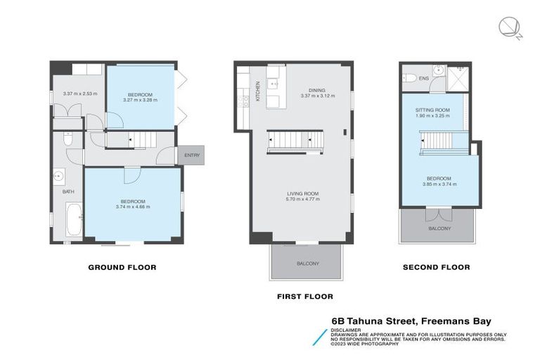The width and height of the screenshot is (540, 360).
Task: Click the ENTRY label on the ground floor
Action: pyautogui.click(x=191, y=155)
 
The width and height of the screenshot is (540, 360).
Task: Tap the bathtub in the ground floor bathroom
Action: pyautogui.click(x=72, y=219)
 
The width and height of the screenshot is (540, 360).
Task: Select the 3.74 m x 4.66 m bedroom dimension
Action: pyautogui.click(x=133, y=207)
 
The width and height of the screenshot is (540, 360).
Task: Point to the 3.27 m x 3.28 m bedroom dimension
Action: pyautogui.click(x=140, y=100)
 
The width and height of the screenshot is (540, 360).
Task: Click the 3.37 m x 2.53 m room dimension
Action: pyautogui.click(x=79, y=94)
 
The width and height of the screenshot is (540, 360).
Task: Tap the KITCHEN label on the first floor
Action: pyautogui.click(x=258, y=91)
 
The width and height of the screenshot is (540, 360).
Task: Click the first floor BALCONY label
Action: pyautogui.click(x=307, y=264)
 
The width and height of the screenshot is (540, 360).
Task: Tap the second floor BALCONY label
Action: pyautogui.click(x=439, y=229)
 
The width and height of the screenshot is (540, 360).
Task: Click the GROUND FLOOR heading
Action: pyautogui.click(x=122, y=267)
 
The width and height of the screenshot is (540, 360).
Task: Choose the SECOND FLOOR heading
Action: pyautogui.click(x=436, y=267)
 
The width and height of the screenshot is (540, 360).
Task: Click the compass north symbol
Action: pyautogui.click(x=508, y=28)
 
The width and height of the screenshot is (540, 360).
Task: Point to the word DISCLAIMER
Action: pyautogui.click(x=347, y=329)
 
